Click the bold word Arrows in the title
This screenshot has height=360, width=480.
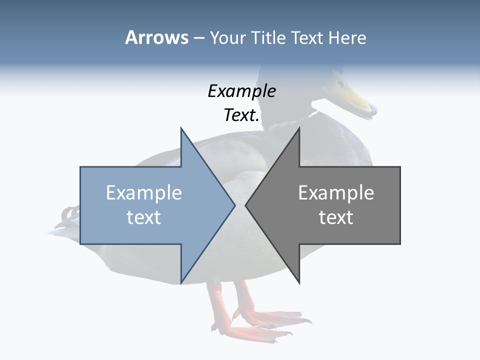click(156, 37)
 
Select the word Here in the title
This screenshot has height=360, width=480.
click(347, 37)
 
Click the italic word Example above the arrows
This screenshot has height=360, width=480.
click(241, 91)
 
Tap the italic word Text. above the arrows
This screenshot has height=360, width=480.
click(241, 115)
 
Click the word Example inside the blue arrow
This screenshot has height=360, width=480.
click(144, 193)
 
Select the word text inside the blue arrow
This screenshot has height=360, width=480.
click(144, 217)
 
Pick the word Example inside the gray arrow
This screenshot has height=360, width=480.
click(336, 193)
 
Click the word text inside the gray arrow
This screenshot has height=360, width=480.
click(336, 217)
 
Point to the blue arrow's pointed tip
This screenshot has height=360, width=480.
click(234, 205)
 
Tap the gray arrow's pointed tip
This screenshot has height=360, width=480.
click(246, 205)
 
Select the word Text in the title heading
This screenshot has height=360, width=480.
click(307, 37)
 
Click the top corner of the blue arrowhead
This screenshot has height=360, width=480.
click(181, 128)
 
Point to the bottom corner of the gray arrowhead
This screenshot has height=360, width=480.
click(299, 282)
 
